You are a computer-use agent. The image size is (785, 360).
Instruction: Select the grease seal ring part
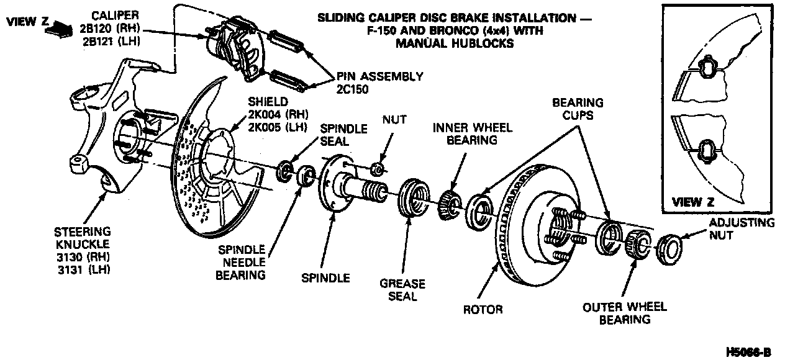pyautogui.click(x=411, y=198)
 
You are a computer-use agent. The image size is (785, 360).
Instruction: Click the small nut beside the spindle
pyautogui.click(x=375, y=168)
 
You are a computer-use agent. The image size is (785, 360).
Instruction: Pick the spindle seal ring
pyautogui.click(x=286, y=170)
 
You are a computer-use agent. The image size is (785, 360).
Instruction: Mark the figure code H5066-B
pyautogui.click(x=748, y=352)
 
